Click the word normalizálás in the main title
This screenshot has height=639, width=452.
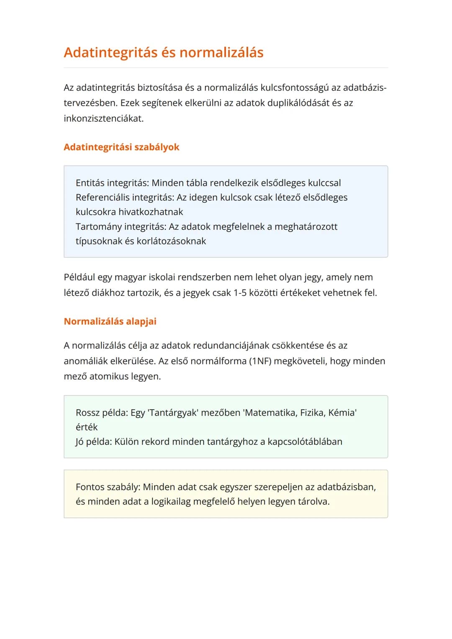coord(221,53)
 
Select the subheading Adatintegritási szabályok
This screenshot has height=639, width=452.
coord(121,147)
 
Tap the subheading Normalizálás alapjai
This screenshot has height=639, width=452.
coord(110,321)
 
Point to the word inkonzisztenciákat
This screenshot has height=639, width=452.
coord(103,119)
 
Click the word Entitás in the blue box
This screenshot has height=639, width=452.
coord(90,183)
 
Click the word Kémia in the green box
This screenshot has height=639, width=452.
coord(342,413)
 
